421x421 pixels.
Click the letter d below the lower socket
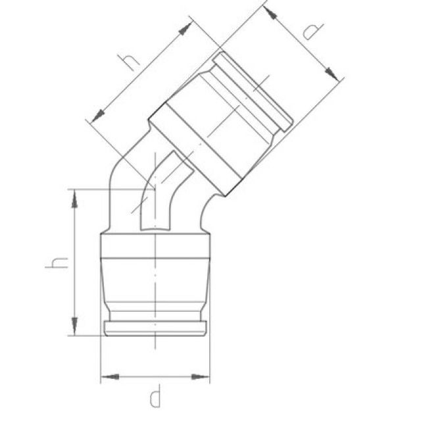pyautogui.click(x=155, y=397)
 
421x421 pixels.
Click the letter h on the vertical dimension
pyautogui.click(x=57, y=262)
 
